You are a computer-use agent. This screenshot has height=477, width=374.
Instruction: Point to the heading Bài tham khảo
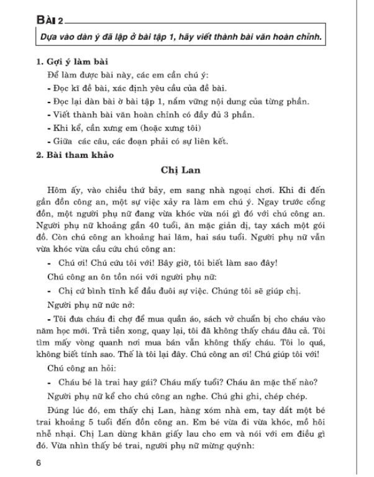coord(75,154)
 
